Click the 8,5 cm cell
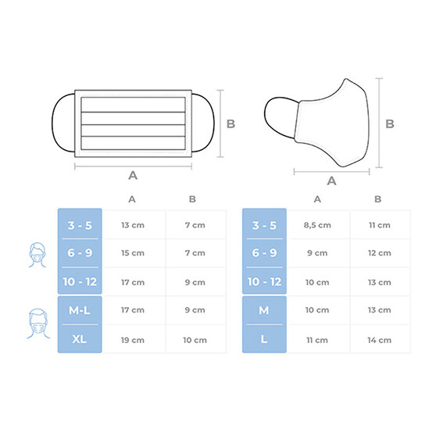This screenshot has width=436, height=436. point(317,225)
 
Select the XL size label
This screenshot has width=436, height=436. point(79,339)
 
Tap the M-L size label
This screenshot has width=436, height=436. point(80,310)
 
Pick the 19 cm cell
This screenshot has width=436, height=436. point(133,340)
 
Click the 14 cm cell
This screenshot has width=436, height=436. point(379,340)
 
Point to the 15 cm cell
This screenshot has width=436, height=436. point(133,252)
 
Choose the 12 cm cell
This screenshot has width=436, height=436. point(379,252)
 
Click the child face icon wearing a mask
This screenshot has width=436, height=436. point(38,255)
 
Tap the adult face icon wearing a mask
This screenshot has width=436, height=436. point(38,323)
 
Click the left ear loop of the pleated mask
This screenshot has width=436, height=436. point(53,123)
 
